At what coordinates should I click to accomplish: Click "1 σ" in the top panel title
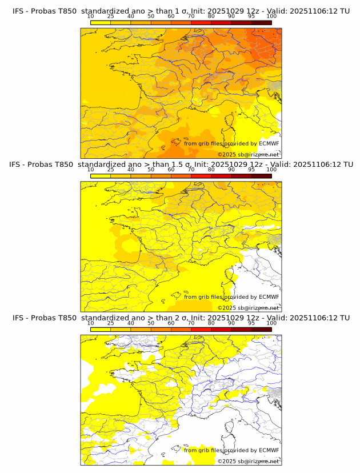pos(171,11)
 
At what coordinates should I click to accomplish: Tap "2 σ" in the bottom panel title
pos(171,318)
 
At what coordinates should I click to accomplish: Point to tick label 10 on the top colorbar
pos(90,17)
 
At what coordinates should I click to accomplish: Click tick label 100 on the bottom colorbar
pos(271,323)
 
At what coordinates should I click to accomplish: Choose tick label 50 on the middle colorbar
pos(151,170)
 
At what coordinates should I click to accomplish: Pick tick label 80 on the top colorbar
pos(211,17)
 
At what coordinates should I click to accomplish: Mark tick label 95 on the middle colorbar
pos(251,170)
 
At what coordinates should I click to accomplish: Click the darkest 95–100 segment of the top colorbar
pos(261,22)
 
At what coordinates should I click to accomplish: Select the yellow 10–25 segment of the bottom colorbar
pos(101,329)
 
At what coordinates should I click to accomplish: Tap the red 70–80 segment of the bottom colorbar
pos(201,329)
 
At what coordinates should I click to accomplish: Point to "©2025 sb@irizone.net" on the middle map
pos(248,307)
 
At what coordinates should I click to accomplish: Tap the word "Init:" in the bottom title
pos(193,318)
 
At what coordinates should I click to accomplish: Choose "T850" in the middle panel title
pos(64,165)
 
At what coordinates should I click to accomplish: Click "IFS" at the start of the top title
pos(19,11)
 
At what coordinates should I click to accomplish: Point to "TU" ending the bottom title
pos(345,318)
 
